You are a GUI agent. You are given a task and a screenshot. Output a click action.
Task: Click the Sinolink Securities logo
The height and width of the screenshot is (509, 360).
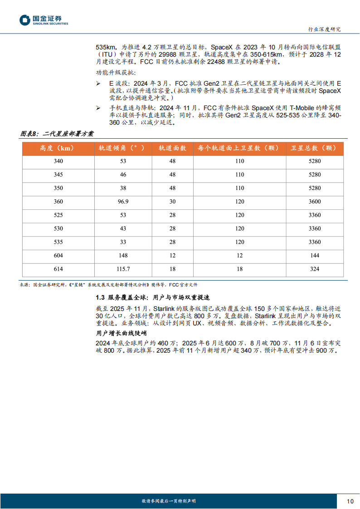(x=44, y=20)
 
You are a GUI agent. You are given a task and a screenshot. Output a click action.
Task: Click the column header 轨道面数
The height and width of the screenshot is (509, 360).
(x=172, y=148)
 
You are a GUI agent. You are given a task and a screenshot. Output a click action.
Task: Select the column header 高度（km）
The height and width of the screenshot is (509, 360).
(x=58, y=148)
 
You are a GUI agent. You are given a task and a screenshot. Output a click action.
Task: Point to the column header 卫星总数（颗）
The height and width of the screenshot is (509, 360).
(x=314, y=148)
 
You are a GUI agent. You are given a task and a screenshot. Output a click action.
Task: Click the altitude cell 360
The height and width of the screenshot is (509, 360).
(x=58, y=202)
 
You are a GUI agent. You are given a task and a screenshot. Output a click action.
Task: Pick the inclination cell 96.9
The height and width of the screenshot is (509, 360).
(x=123, y=202)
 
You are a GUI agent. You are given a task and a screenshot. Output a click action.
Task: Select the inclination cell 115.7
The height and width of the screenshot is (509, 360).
(x=123, y=269)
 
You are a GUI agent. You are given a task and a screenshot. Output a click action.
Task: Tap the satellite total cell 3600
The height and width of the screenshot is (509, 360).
(x=314, y=202)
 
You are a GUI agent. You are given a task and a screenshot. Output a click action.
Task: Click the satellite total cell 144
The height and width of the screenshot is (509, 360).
(x=314, y=256)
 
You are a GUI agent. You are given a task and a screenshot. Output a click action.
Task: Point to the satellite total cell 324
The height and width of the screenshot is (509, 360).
(x=314, y=269)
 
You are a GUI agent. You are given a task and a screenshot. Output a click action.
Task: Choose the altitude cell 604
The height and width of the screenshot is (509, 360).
(x=58, y=256)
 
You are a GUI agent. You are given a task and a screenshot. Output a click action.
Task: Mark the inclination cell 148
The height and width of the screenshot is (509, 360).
(x=123, y=256)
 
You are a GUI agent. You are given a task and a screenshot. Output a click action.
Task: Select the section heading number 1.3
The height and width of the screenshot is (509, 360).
(x=100, y=297)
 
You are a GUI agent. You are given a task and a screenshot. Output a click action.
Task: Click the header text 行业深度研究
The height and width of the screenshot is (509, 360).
(x=324, y=29)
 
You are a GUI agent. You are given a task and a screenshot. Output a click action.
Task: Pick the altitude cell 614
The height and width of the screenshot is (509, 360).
(x=58, y=269)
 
